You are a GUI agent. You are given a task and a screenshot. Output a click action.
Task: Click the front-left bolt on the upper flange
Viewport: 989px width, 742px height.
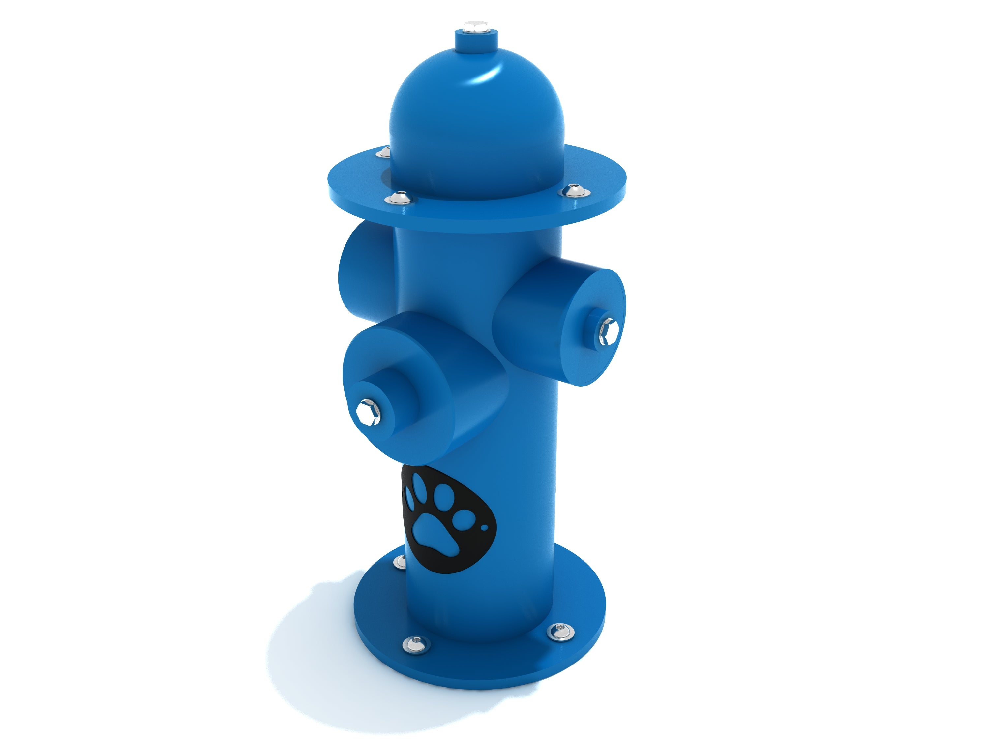(399, 197)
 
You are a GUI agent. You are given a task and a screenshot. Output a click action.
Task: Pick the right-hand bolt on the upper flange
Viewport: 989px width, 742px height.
(572, 191)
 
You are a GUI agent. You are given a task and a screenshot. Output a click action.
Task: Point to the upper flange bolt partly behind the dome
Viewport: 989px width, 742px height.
(384, 152)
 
